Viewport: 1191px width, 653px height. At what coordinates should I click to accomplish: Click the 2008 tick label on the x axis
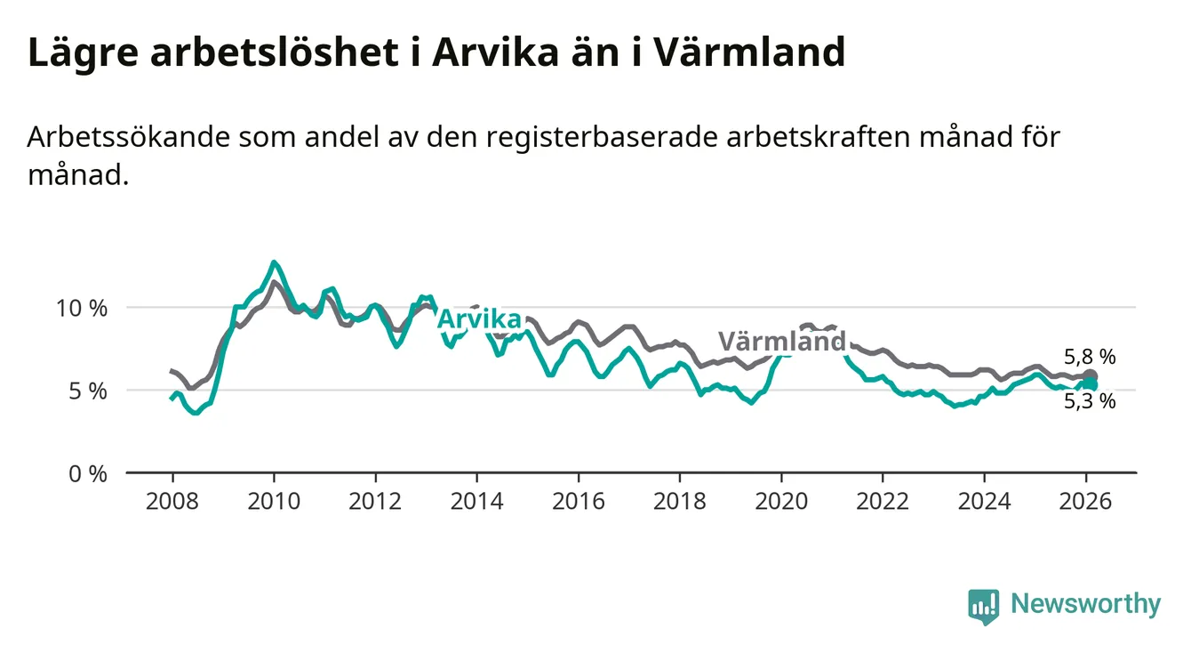click(x=172, y=501)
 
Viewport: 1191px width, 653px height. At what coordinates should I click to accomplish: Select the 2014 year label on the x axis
click(x=477, y=501)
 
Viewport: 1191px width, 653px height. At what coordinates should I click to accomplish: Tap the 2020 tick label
click(x=781, y=501)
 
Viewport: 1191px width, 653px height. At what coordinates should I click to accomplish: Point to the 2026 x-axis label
click(x=1085, y=501)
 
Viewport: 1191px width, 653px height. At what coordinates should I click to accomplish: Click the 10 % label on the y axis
click(x=83, y=308)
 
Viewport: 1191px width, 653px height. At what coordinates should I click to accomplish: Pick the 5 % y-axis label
click(x=88, y=391)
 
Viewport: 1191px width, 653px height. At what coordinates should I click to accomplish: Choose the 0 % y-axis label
click(x=88, y=473)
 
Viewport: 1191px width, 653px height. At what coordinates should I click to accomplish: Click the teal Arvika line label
click(x=480, y=319)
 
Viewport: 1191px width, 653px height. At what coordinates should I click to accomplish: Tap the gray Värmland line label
click(x=781, y=342)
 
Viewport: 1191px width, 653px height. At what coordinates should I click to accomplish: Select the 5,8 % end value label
click(x=1089, y=357)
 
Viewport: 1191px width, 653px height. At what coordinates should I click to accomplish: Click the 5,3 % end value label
click(x=1089, y=401)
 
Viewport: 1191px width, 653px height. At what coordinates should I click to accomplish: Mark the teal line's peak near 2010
click(x=274, y=262)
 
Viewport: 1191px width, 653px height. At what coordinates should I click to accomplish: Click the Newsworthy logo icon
click(x=983, y=607)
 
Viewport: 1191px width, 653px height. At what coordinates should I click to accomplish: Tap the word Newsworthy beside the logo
click(x=1085, y=605)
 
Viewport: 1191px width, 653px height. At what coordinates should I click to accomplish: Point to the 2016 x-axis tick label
click(x=579, y=501)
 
